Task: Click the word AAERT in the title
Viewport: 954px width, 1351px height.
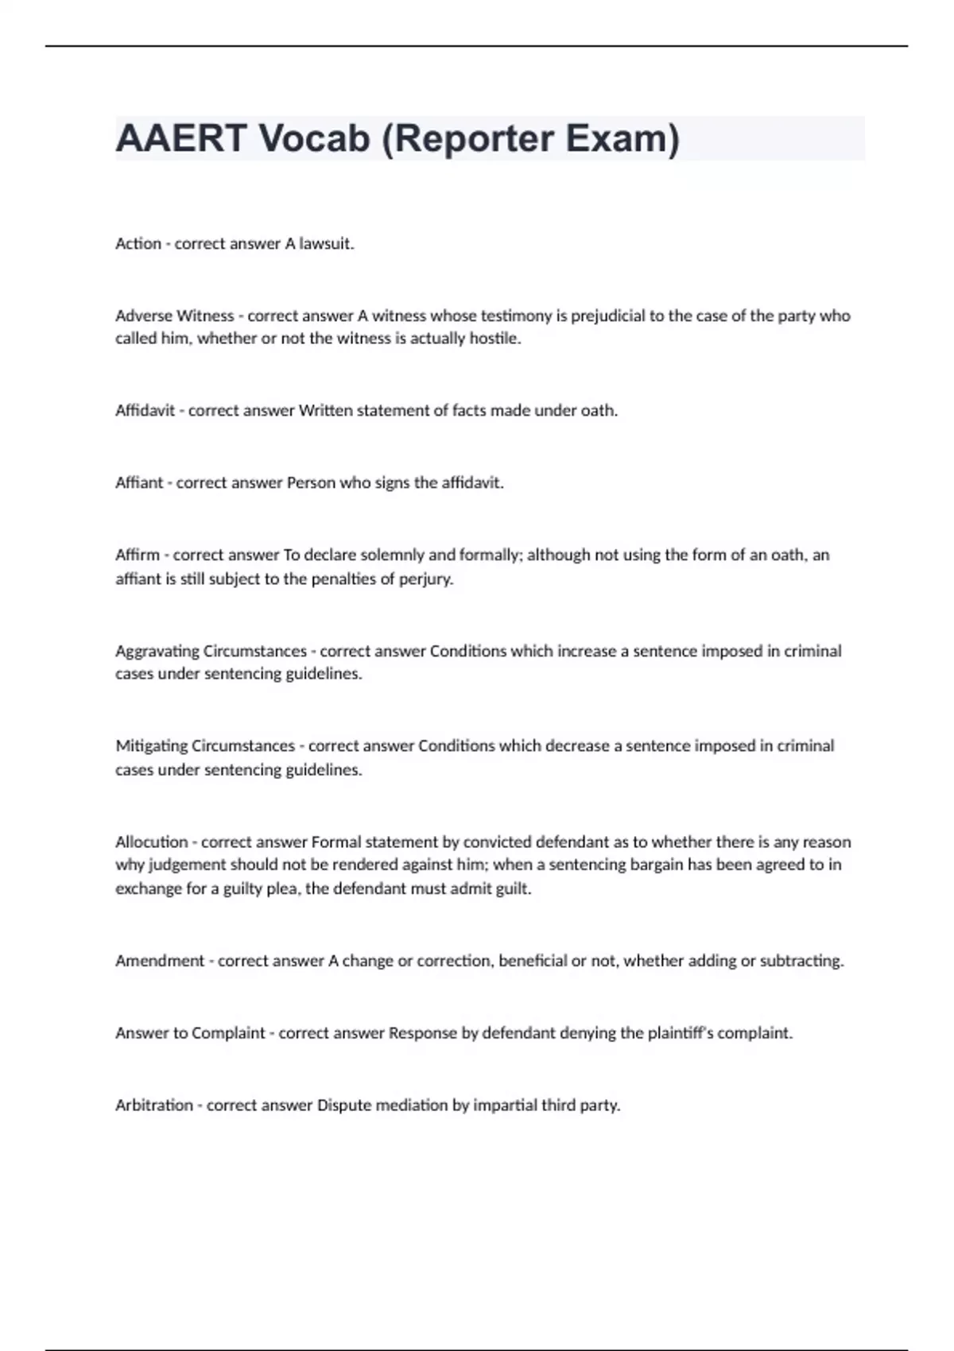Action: click(181, 138)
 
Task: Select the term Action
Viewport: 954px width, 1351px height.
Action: click(138, 244)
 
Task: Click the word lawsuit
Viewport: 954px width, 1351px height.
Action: click(326, 244)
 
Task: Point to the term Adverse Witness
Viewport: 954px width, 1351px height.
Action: click(175, 315)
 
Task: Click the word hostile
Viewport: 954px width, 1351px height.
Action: click(494, 339)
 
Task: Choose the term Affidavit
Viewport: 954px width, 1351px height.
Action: click(145, 411)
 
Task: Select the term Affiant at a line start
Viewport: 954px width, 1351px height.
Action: click(139, 483)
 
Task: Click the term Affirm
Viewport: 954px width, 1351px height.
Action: click(138, 555)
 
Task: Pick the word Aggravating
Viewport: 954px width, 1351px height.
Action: click(157, 652)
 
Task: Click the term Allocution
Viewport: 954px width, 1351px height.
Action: click(152, 842)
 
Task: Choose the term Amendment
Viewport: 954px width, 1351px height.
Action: click(160, 961)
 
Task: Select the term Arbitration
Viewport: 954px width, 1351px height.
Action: click(154, 1105)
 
